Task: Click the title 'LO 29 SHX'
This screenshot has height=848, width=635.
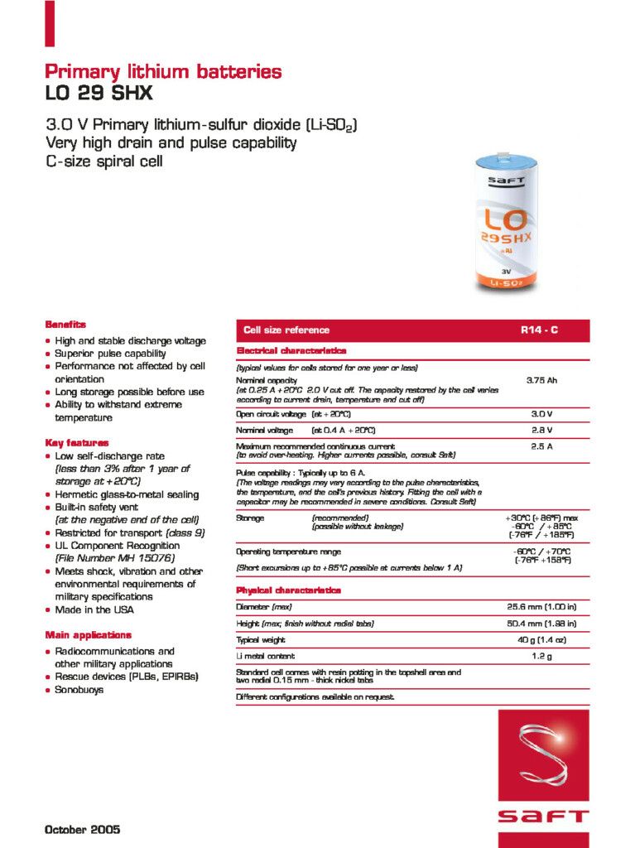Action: (99, 94)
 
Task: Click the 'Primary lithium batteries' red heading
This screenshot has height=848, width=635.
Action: (163, 71)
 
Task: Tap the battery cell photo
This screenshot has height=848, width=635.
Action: (504, 222)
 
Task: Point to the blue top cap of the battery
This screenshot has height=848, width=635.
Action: (505, 163)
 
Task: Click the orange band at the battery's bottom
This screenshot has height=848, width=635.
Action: (505, 283)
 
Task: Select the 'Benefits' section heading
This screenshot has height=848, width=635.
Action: (65, 325)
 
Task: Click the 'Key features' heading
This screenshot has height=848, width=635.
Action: (76, 443)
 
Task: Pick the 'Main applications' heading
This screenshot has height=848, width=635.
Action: (88, 635)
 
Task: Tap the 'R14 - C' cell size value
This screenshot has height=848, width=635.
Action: (539, 330)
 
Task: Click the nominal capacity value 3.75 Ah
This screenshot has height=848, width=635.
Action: (541, 381)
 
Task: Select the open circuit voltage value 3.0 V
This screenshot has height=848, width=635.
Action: (541, 414)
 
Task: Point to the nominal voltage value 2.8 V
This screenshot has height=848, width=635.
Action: (541, 431)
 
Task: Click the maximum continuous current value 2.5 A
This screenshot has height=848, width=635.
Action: (541, 446)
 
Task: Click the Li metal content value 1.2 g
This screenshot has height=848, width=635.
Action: (541, 657)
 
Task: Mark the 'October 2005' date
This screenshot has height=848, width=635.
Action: (82, 829)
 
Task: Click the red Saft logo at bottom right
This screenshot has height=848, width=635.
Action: (543, 778)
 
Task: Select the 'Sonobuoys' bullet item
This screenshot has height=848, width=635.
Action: (79, 690)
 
